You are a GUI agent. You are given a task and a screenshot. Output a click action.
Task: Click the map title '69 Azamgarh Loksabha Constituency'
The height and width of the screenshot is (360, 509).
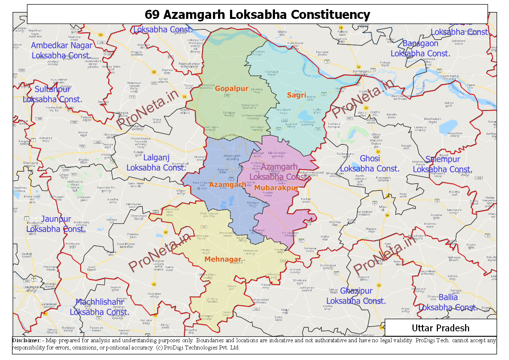point(257,15)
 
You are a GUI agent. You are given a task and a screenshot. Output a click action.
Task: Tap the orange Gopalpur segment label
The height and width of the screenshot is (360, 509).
point(231,89)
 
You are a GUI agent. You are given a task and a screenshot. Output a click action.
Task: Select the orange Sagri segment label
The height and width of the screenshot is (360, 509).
point(296,95)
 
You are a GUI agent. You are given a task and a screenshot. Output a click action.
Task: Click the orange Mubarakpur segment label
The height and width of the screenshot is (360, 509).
point(276,188)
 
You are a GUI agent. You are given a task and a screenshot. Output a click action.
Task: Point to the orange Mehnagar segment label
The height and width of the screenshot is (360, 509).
point(223,259)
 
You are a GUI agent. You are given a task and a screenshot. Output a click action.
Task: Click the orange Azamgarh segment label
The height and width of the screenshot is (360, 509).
point(227,185)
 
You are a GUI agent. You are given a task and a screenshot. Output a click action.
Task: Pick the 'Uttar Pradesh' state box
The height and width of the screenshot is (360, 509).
point(440,328)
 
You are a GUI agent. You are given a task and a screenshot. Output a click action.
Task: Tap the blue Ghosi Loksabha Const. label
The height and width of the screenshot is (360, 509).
point(370,164)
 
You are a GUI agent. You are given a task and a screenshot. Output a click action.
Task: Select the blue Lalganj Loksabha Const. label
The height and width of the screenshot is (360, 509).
point(156,163)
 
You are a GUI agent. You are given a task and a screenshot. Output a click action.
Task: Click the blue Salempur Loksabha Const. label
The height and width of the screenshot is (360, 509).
point(443,164)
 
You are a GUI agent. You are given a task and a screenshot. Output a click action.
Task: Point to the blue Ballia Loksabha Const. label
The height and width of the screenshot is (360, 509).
point(448,302)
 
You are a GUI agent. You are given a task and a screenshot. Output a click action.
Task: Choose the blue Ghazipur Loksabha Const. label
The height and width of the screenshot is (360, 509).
point(356,296)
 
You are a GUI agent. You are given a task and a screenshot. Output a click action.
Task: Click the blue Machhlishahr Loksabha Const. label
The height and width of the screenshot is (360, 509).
point(99,307)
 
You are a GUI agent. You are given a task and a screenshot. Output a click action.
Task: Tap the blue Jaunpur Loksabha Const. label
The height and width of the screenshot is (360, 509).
point(56,224)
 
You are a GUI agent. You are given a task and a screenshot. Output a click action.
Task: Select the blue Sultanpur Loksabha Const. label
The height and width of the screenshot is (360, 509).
point(52,94)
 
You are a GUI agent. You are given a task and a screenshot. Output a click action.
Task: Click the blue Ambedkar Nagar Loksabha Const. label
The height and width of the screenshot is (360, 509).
point(61,50)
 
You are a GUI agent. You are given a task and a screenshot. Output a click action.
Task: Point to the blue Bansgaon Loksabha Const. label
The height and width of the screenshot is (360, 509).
point(420,48)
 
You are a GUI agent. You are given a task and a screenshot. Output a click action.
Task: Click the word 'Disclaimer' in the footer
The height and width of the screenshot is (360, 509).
point(26,340)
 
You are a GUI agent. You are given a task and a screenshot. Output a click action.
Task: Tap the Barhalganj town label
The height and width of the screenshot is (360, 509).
point(361,71)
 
